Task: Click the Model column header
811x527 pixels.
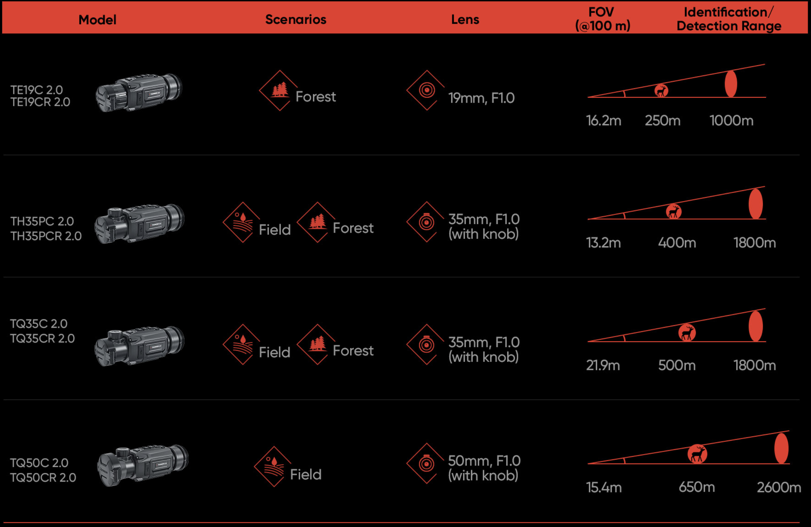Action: point(97,20)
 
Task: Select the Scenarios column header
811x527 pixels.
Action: point(296,20)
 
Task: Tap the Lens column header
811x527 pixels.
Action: point(465,20)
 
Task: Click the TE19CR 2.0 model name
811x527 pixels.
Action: point(40,102)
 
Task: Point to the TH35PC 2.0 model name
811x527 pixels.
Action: point(42,221)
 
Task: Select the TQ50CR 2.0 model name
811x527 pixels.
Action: point(43,477)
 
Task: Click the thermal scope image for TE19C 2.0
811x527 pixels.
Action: point(139,92)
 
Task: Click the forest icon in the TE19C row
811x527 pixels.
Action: point(279,90)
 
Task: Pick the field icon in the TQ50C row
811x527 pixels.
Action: point(274,466)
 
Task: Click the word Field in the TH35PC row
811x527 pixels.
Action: point(275,230)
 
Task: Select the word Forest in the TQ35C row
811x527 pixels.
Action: point(353,350)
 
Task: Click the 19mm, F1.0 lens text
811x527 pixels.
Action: point(481,98)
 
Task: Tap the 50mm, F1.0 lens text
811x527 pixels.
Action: point(484,461)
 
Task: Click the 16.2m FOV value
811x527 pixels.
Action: point(604,121)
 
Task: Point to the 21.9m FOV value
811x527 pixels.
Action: point(603,365)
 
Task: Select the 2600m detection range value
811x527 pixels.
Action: point(779,487)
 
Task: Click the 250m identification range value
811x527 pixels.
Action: point(662,121)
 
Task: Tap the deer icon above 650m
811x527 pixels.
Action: point(697,454)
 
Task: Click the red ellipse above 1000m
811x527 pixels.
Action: point(731,84)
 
